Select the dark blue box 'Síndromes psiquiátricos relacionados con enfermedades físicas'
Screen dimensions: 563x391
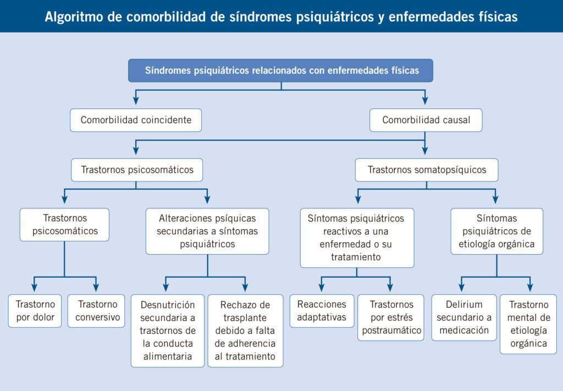pyautogui.click(x=280, y=70)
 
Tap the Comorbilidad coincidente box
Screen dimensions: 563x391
pyautogui.click(x=136, y=120)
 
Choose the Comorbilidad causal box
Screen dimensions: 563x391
pyautogui.click(x=426, y=120)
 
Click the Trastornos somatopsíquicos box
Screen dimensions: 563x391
pyautogui.click(x=427, y=170)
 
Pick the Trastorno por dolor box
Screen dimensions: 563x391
pyautogui.click(x=35, y=311)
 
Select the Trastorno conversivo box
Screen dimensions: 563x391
pyautogui.click(x=96, y=311)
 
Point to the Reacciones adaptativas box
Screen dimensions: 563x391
pyautogui.click(x=322, y=311)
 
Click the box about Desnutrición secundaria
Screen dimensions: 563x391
pyautogui.click(x=167, y=331)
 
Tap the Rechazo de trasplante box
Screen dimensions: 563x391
pyautogui.click(x=245, y=331)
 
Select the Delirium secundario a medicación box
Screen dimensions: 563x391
pyautogui.click(x=464, y=317)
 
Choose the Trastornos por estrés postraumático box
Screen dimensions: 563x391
pyautogui.click(x=391, y=317)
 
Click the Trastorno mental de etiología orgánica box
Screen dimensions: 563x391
pyautogui.click(x=528, y=324)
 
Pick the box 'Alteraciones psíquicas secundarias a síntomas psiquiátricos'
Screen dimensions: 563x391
pyautogui.click(x=207, y=231)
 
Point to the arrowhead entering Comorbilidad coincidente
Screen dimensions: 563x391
pyautogui.click(x=136, y=101)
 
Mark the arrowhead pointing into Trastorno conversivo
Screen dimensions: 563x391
pyautogui.click(x=96, y=287)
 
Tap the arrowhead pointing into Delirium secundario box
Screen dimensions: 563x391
pyautogui.click(x=462, y=287)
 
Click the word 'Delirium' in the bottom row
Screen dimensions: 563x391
pyautogui.click(x=464, y=305)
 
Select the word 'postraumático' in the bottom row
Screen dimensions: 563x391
pyautogui.click(x=391, y=331)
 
